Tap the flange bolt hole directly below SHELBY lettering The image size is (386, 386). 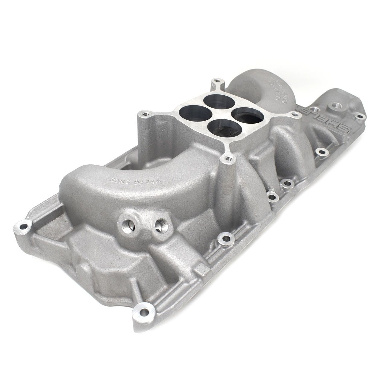pyautogui.click(x=321, y=152)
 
